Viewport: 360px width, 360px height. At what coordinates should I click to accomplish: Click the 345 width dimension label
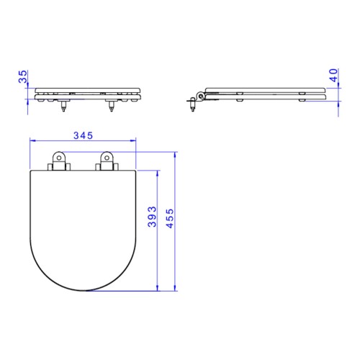click(83, 135)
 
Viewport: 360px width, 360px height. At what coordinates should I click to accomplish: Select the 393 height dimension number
click(152, 217)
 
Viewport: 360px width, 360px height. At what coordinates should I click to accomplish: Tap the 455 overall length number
click(170, 218)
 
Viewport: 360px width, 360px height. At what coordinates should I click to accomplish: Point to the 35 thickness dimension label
click(23, 76)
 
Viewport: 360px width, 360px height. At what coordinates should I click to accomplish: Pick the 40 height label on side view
click(333, 75)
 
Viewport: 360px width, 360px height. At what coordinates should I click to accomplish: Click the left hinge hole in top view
click(58, 158)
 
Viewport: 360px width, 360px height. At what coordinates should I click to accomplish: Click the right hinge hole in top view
click(107, 158)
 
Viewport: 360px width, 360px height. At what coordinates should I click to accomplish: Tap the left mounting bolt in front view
click(63, 106)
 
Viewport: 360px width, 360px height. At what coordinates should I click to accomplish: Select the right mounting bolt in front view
click(111, 106)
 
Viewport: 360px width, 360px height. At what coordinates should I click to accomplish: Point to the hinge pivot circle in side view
click(200, 96)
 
